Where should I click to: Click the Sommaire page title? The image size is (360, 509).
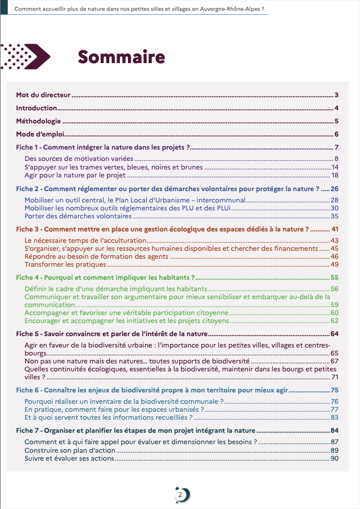121,57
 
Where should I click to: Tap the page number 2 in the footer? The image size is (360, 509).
180,495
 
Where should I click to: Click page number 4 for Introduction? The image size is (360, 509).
337,108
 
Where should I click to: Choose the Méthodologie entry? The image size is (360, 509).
38,121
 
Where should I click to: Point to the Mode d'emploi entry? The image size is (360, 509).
42,134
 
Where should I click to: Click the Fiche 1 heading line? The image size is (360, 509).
102,148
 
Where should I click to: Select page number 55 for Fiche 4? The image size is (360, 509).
334,278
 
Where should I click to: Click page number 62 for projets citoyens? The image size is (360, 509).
334,321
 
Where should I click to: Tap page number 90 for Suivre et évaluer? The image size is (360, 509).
334,458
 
